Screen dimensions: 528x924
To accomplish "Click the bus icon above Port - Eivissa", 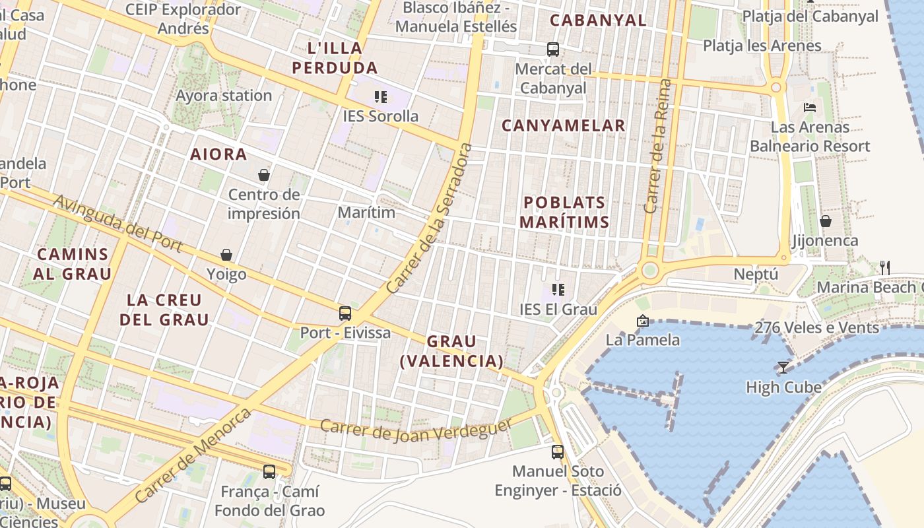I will [345, 313].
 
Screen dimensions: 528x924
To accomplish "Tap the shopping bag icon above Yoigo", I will [226, 255].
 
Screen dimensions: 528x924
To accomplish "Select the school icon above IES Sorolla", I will [381, 97].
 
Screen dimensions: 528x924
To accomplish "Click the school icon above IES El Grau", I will [558, 289].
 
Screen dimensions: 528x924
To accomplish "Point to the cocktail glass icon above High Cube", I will [783, 367].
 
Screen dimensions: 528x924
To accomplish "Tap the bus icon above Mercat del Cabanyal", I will [553, 49].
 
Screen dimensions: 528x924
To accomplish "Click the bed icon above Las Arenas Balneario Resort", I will [809, 107].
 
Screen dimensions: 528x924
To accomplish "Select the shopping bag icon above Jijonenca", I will [825, 220].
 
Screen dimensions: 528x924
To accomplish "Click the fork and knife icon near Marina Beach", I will [885, 267].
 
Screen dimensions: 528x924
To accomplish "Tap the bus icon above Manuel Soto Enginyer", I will [558, 451].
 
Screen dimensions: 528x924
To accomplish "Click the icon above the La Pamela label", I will [642, 321].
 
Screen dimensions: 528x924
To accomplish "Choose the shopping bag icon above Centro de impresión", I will [264, 175].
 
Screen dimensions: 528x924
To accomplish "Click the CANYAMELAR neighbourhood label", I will [563, 125].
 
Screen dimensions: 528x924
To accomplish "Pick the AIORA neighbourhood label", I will [218, 154].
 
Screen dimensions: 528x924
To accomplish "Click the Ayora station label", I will [224, 96].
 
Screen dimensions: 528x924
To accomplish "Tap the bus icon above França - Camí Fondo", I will [269, 471].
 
